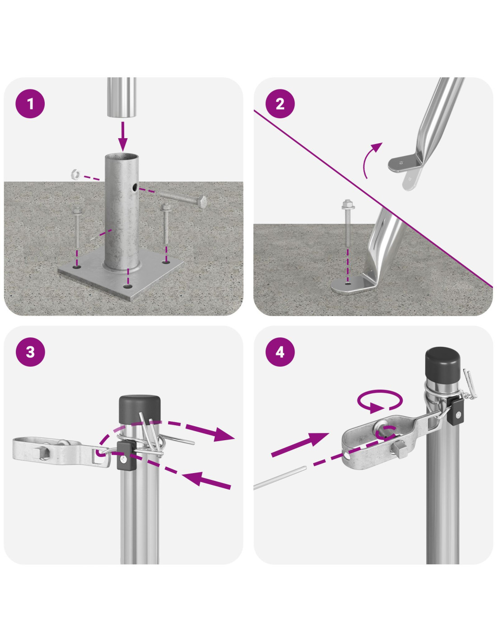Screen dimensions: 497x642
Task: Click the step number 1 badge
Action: pos(30,104)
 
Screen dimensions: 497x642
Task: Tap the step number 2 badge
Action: pos(280,104)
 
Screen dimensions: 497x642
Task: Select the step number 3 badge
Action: pos(30,352)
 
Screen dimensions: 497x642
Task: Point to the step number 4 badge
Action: pos(280,352)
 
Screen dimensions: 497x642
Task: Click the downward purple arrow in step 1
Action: pos(123,136)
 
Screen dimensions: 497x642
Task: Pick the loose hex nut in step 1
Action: pos(76,174)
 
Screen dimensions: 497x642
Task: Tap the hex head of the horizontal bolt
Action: pos(202,201)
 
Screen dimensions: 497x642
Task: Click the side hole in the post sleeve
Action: pos(135,186)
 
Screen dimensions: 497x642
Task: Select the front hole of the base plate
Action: pos(127,286)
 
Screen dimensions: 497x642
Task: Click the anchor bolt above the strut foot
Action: pos(347,224)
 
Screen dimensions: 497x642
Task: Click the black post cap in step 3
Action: pos(140,409)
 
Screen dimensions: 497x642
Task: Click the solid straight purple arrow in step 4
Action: pos(300,444)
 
